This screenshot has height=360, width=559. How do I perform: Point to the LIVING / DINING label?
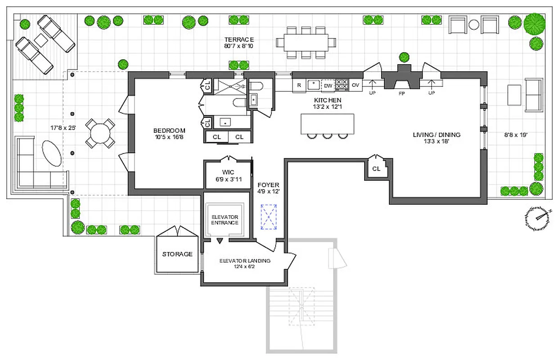point(437,135)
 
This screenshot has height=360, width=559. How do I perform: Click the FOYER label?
point(268,185)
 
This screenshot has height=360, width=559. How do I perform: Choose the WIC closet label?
point(227,172)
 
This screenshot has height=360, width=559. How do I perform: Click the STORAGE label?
point(177,254)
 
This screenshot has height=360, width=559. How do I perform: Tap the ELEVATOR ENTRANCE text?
point(225,220)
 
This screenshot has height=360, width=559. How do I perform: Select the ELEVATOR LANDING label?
point(244,261)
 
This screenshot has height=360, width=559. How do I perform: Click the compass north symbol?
point(537,218)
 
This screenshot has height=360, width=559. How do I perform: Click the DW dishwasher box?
point(328,85)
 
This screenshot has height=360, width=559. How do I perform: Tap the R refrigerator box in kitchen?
point(299,85)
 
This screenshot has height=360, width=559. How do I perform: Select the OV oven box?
point(355,85)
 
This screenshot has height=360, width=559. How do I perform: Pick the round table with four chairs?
point(100,133)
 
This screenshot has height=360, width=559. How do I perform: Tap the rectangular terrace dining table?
point(306,43)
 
